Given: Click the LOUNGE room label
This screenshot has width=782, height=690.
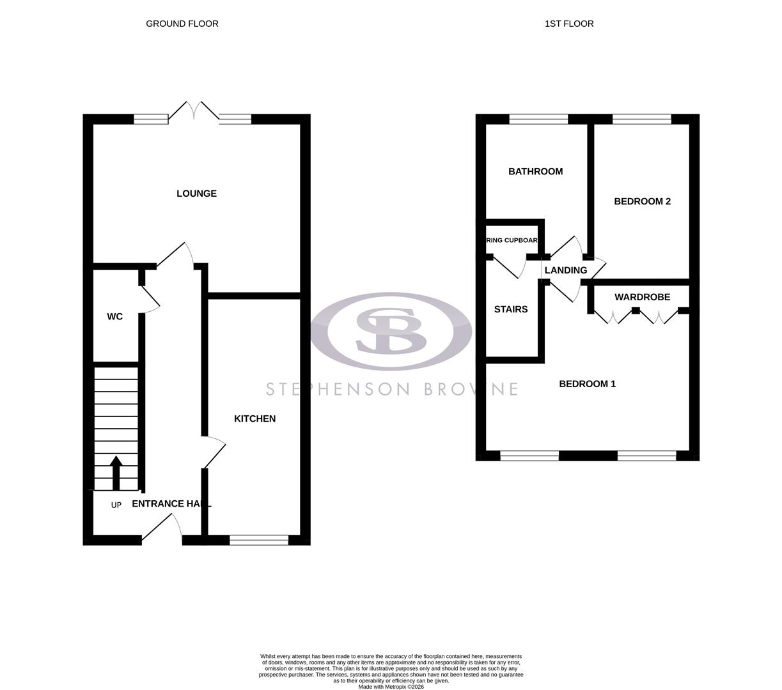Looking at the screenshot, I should pyautogui.click(x=196, y=194).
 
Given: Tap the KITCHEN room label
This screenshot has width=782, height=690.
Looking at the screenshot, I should pyautogui.click(x=254, y=418).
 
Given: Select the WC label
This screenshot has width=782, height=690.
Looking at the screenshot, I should pyautogui.click(x=114, y=317).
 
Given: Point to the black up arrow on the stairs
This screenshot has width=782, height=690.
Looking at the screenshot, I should pyautogui.click(x=116, y=472).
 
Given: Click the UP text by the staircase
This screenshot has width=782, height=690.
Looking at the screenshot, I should pyautogui.click(x=116, y=505).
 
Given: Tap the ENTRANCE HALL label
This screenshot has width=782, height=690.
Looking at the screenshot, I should pyautogui.click(x=171, y=503).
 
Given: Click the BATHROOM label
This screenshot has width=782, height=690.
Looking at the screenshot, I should pyautogui.click(x=535, y=171).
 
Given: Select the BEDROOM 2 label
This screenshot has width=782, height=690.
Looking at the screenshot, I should pyautogui.click(x=642, y=201).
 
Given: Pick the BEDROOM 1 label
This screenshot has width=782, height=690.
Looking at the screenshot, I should pyautogui.click(x=587, y=384).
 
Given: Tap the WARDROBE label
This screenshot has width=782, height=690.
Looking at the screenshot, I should pyautogui.click(x=642, y=297).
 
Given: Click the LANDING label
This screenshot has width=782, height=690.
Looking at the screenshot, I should pyautogui.click(x=565, y=270).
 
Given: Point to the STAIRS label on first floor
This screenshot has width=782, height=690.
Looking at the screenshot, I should pyautogui.click(x=510, y=309).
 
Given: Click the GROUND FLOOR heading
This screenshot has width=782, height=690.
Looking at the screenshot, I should pyautogui.click(x=182, y=24).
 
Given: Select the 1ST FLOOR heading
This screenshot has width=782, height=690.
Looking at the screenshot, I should pyautogui.click(x=569, y=24).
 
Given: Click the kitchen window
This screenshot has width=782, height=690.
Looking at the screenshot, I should pyautogui.click(x=259, y=540).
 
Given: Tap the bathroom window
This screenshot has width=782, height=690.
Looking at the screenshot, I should pyautogui.click(x=538, y=119).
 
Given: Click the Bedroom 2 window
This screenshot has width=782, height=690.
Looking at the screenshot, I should pyautogui.click(x=641, y=119).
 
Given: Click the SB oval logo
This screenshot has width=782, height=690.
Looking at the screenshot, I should pyautogui.click(x=391, y=331).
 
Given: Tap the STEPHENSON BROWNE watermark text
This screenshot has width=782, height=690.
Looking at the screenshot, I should pyautogui.click(x=391, y=389).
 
